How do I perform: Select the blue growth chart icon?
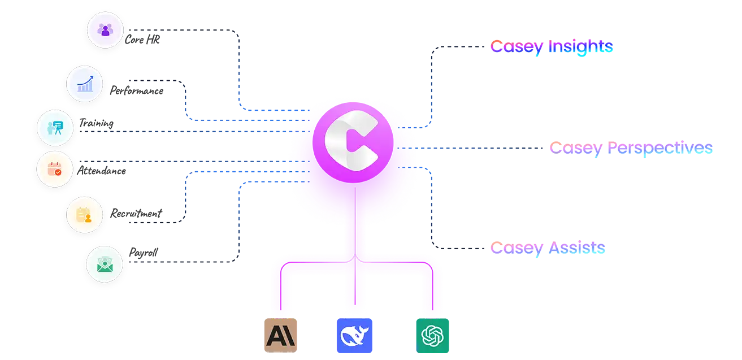coord(85,84)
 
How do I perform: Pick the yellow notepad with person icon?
coord(84,215)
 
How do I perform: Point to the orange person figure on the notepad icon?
coord(88,219)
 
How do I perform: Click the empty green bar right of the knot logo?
coord(593,337)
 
